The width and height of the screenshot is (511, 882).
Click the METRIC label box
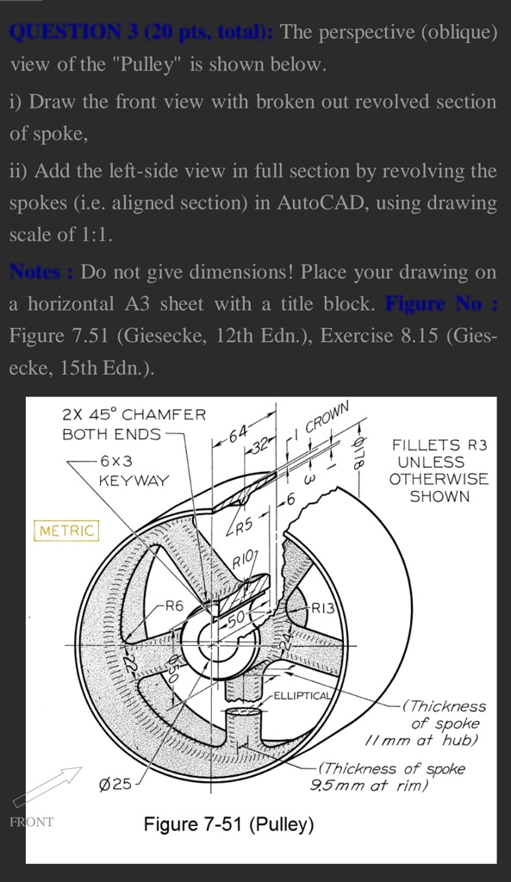click(x=66, y=531)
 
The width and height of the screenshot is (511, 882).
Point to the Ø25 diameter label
click(x=116, y=784)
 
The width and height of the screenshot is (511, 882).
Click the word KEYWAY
click(x=134, y=480)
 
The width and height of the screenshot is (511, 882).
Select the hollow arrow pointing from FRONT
click(x=47, y=786)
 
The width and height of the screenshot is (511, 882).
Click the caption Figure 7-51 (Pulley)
click(x=228, y=824)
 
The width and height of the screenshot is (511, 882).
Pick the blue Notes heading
click(x=41, y=272)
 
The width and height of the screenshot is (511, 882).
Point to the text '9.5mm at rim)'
click(x=370, y=784)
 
